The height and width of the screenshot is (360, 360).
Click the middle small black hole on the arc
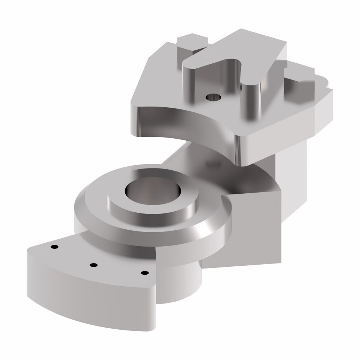tap(93, 265)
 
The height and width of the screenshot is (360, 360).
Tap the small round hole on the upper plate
tap(213, 97)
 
